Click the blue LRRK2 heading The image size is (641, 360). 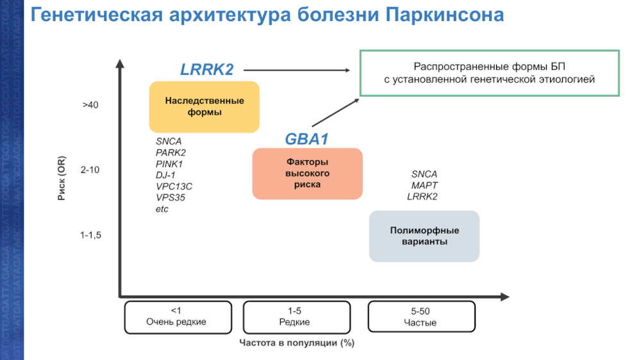[x=206, y=70]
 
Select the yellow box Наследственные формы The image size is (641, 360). [x=204, y=107]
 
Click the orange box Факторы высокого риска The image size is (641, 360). [x=307, y=174]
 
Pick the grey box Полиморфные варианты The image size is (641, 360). [x=424, y=236]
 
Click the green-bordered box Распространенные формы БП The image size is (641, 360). [x=489, y=73]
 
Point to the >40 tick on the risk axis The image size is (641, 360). [x=90, y=105]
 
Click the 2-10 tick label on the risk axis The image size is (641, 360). [x=90, y=170]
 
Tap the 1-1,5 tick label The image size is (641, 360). [x=90, y=236]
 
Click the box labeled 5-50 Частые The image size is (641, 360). [x=420, y=316]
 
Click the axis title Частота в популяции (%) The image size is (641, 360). [x=296, y=343]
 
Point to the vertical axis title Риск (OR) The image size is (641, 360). [x=62, y=178]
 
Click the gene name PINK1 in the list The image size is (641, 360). [x=169, y=163]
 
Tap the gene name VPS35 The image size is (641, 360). [x=171, y=198]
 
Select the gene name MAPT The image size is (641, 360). [x=424, y=185]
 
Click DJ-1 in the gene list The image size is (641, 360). [x=165, y=175]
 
